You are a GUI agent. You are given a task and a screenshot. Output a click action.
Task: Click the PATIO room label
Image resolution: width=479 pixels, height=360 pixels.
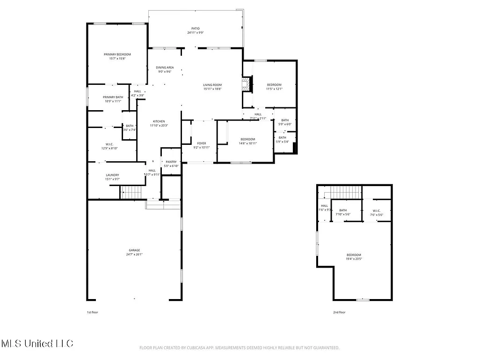click(x=195, y=28)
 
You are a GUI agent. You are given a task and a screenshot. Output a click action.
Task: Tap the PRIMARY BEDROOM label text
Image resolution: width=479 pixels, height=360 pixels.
click(x=117, y=54)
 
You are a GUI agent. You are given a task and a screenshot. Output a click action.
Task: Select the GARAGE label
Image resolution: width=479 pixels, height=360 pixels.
click(x=134, y=250)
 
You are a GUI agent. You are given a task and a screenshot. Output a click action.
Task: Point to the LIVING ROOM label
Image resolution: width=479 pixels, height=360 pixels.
click(x=212, y=85)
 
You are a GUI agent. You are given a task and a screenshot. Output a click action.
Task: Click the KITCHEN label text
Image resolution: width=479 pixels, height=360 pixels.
click(x=159, y=121)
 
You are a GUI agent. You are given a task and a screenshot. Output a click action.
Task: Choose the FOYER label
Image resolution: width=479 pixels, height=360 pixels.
click(x=202, y=143)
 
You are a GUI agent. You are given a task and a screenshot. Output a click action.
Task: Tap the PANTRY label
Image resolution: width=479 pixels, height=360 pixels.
click(x=171, y=162)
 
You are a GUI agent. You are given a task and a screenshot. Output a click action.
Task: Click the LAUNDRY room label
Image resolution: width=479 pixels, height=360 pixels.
click(x=112, y=175)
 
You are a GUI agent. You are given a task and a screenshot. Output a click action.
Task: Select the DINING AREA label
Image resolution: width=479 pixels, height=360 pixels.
click(x=165, y=67)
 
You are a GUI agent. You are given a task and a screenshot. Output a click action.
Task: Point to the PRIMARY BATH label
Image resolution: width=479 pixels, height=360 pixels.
click(x=112, y=97)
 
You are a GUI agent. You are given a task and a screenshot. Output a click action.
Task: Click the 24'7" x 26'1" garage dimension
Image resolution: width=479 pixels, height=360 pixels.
click(x=134, y=255)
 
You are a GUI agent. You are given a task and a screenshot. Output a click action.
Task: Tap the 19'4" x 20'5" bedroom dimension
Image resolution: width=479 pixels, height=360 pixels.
click(x=354, y=259)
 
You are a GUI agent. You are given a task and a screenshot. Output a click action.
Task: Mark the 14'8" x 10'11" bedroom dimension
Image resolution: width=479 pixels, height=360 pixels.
click(x=248, y=143)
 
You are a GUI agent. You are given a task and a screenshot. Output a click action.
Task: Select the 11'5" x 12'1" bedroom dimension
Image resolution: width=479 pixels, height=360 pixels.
click(x=274, y=89)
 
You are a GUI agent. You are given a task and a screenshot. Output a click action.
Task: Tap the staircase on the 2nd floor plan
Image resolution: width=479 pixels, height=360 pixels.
click(x=346, y=192)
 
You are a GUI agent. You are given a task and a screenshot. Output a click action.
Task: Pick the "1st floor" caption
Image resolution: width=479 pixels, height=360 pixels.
click(x=93, y=312)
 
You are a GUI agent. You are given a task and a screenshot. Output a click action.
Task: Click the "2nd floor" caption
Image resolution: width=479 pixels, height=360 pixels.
click(x=339, y=312)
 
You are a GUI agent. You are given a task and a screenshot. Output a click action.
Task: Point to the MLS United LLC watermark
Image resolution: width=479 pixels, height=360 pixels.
click(x=37, y=344)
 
